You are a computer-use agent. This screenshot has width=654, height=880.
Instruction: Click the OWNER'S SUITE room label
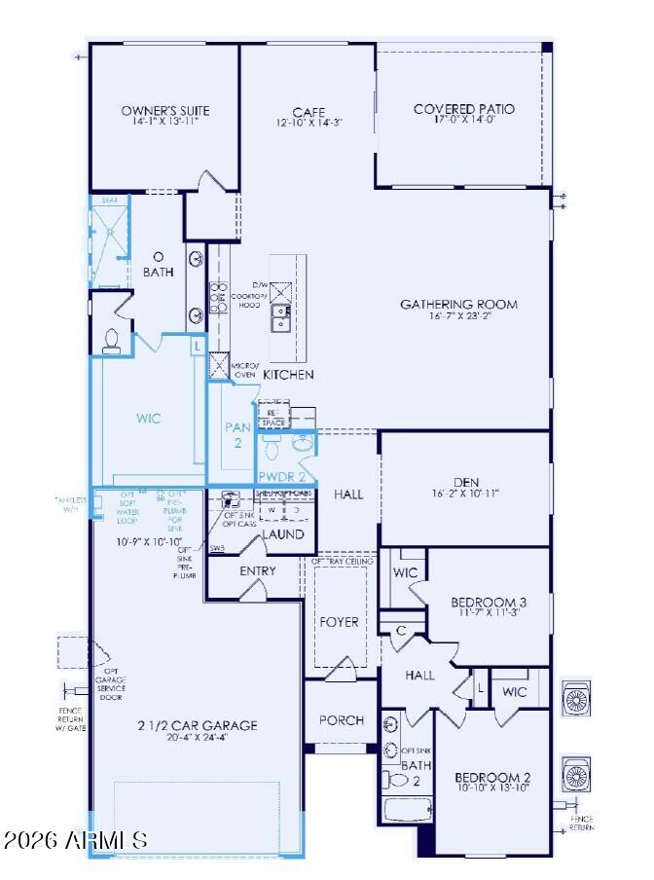click(164, 111)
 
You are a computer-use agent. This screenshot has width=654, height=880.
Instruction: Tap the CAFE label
click(309, 112)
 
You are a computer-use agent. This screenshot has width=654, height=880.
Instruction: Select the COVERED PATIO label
click(464, 109)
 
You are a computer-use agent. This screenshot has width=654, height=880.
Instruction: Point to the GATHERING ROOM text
click(458, 305)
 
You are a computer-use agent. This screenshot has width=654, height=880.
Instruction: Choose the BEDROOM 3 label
click(489, 603)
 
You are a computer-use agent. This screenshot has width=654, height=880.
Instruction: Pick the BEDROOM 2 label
click(492, 777)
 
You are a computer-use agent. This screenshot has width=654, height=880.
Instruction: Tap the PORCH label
click(341, 720)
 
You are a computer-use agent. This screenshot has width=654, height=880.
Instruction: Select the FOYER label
click(339, 621)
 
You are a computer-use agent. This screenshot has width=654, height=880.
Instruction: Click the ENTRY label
click(257, 570)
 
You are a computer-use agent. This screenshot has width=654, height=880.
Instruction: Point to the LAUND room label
click(283, 534)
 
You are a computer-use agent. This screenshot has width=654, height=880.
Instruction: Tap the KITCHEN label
click(288, 374)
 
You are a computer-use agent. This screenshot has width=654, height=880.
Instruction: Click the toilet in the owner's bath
click(111, 340)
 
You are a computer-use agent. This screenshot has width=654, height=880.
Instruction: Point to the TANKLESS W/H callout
click(70, 504)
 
